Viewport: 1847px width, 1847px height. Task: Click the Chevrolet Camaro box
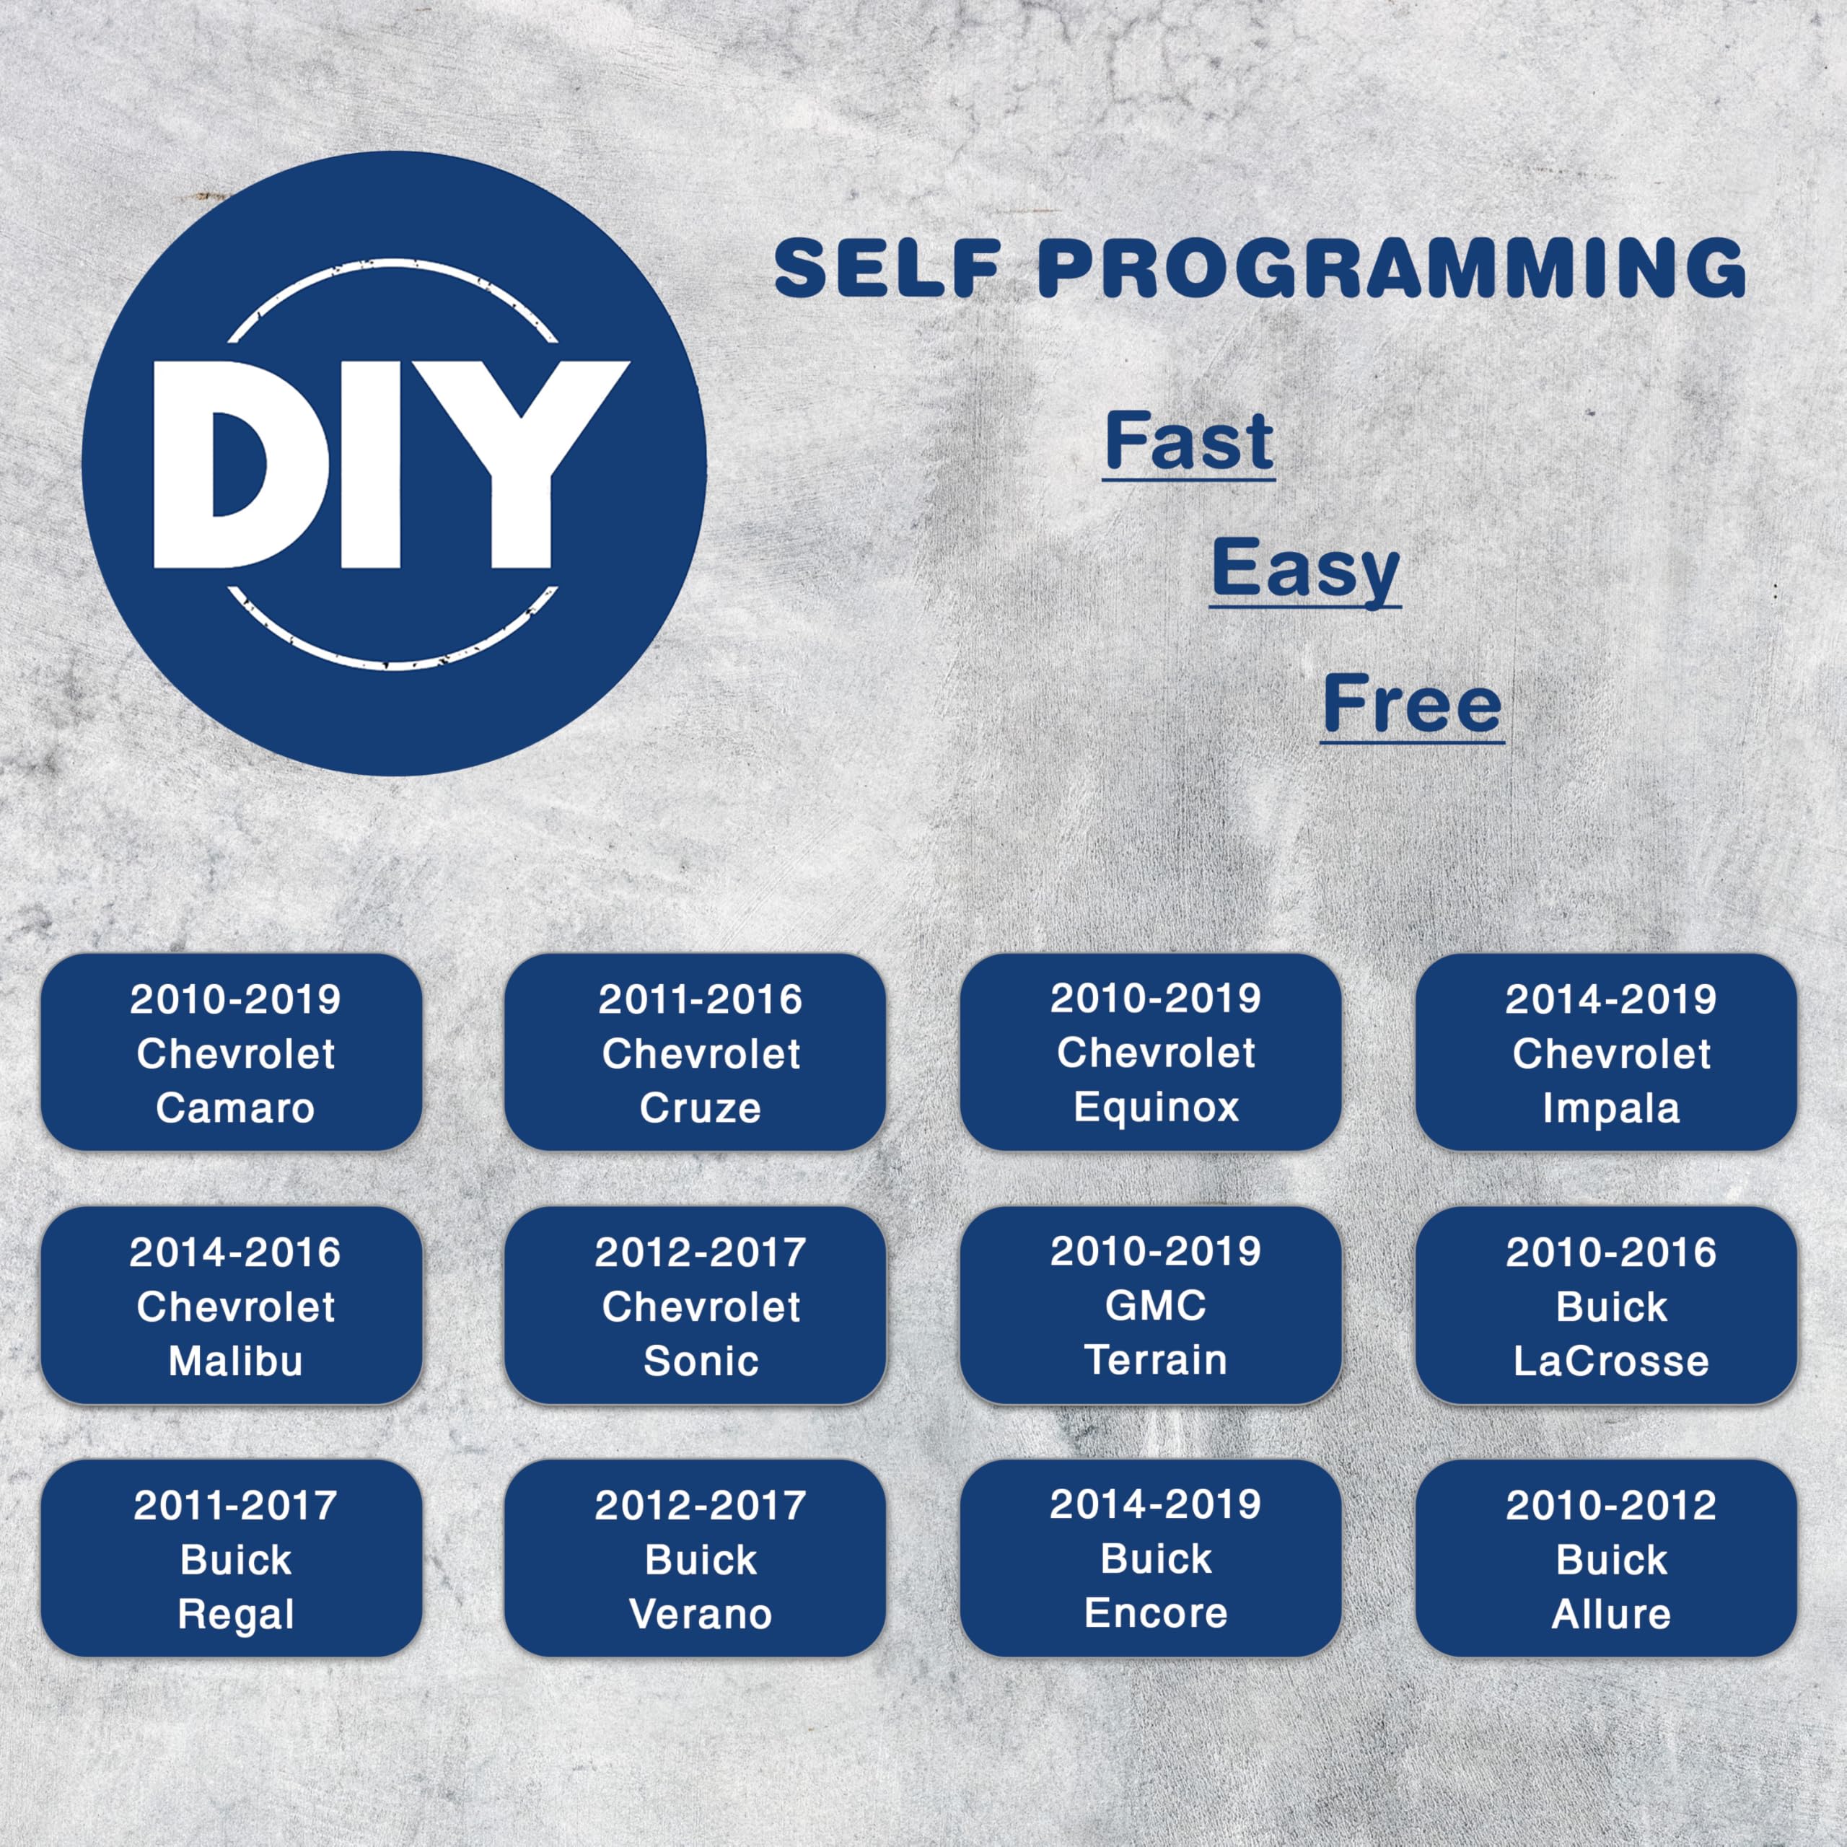point(232,1052)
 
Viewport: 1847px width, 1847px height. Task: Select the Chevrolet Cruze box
point(695,1052)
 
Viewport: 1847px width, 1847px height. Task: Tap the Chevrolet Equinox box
point(1151,1052)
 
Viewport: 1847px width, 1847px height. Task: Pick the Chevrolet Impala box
point(1606,1052)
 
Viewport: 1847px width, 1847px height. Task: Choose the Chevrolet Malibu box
point(232,1305)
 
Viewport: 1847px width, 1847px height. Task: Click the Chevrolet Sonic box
point(695,1305)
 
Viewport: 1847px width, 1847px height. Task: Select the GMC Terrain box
point(1151,1305)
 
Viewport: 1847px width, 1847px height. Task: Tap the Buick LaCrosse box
point(1606,1305)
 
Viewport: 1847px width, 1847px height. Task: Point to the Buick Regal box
point(232,1558)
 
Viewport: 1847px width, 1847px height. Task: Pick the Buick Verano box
point(695,1558)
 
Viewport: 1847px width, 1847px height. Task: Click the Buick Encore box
point(1151,1558)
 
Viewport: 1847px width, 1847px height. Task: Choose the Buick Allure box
point(1606,1558)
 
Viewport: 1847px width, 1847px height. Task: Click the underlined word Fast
point(1188,442)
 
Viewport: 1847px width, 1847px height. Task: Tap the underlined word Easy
point(1305,571)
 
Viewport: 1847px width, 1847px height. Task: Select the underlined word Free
point(1413,705)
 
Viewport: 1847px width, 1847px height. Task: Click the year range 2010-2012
point(1611,1506)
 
